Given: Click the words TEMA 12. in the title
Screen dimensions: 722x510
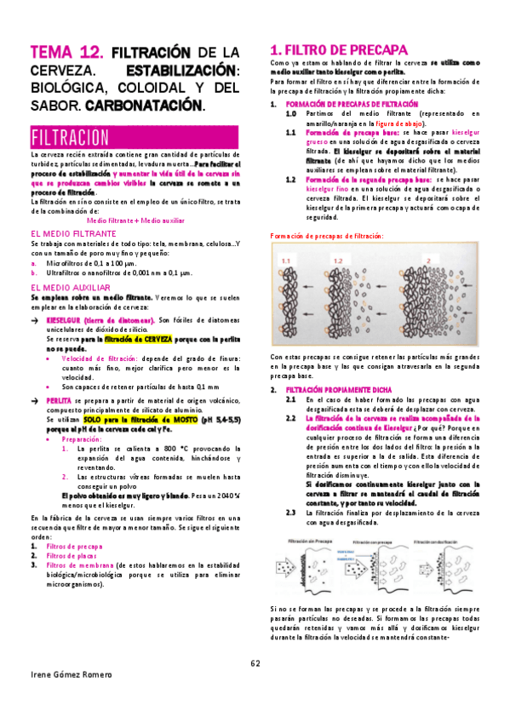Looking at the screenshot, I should pos(66,53).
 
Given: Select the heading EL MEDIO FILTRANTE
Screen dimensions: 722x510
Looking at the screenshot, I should pos(72,232).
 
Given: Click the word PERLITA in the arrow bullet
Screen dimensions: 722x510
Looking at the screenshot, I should pos(59,399).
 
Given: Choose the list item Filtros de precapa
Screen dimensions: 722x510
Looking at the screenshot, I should pos(75,546).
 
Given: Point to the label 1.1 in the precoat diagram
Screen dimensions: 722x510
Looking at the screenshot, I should pos(286,260).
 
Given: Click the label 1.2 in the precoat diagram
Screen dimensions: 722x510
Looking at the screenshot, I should pos(339,260).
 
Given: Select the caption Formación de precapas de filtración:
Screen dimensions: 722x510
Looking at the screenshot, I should pos(326,236).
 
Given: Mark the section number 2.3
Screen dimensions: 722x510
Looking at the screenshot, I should pos(290,513).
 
